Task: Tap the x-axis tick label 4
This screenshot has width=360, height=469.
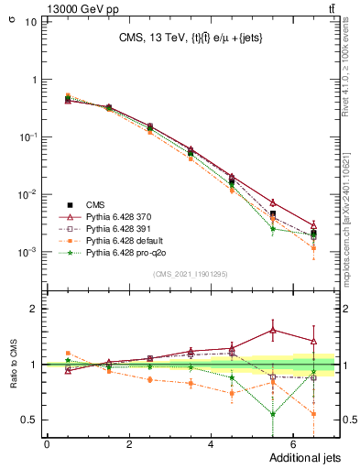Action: click(211, 444)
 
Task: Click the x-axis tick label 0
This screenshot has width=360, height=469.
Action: click(47, 444)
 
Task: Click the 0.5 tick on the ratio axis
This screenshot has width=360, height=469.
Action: click(27, 420)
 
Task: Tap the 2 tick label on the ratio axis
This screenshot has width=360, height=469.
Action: click(32, 309)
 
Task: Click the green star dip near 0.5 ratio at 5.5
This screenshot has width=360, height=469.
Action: click(272, 414)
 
